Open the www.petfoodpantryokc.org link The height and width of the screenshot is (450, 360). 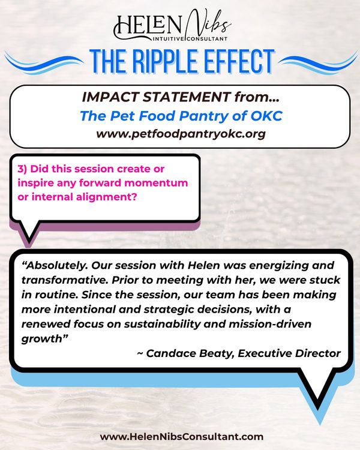[x=181, y=133]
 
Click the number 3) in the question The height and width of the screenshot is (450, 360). [x=23, y=170]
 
